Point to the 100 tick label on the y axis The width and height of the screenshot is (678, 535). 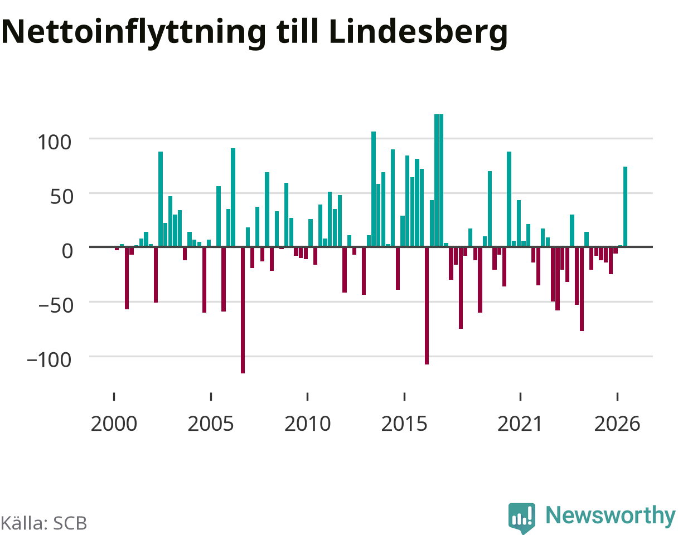(55, 142)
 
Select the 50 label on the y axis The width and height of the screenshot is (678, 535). (62, 197)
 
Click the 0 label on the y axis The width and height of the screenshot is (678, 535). (67, 251)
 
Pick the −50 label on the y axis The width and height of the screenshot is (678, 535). (56, 306)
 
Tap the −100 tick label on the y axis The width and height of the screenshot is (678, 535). (49, 360)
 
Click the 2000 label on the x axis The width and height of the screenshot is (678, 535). (114, 424)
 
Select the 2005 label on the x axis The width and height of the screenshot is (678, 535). (211, 424)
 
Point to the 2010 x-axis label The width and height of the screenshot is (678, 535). (307, 424)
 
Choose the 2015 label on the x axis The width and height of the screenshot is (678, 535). (404, 424)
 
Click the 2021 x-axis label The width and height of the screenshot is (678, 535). (520, 424)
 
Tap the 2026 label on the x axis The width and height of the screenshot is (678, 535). (617, 424)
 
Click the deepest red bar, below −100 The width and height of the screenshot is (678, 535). (243, 310)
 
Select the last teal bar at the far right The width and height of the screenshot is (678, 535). (626, 207)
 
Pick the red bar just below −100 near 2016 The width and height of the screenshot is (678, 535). (427, 306)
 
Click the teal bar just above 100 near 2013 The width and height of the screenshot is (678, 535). (374, 189)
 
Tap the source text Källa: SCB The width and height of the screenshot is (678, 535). (44, 523)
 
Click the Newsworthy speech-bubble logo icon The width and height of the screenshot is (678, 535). (522, 518)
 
